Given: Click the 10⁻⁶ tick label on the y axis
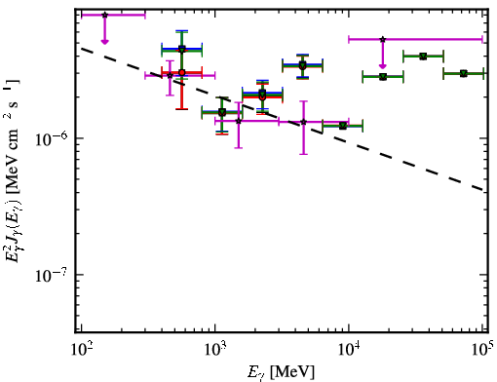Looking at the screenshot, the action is pyautogui.click(x=52, y=139).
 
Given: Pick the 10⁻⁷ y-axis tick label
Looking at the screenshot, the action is pyautogui.click(x=52, y=276).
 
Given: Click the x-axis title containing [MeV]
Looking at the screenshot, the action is pyautogui.click(x=282, y=372).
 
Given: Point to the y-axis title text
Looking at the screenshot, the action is pyautogui.click(x=14, y=170).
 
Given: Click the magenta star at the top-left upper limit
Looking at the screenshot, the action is pyautogui.click(x=104, y=15).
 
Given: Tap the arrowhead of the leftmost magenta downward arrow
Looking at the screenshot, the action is pyautogui.click(x=104, y=41).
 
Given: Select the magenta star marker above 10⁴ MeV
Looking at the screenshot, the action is pyautogui.click(x=383, y=39).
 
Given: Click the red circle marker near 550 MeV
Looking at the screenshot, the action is pyautogui.click(x=182, y=72).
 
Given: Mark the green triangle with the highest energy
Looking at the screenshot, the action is pyautogui.click(x=464, y=74).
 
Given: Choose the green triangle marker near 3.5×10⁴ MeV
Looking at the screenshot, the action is pyautogui.click(x=423, y=57).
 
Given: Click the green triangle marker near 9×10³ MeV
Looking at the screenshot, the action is pyautogui.click(x=343, y=126).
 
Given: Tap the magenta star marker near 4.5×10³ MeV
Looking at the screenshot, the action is pyautogui.click(x=303, y=122).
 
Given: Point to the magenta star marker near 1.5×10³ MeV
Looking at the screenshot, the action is pyautogui.click(x=239, y=121).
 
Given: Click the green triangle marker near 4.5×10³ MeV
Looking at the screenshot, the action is pyautogui.click(x=303, y=65).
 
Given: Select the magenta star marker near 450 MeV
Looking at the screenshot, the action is pyautogui.click(x=170, y=75).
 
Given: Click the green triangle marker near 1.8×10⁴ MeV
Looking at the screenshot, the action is pyautogui.click(x=383, y=77).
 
